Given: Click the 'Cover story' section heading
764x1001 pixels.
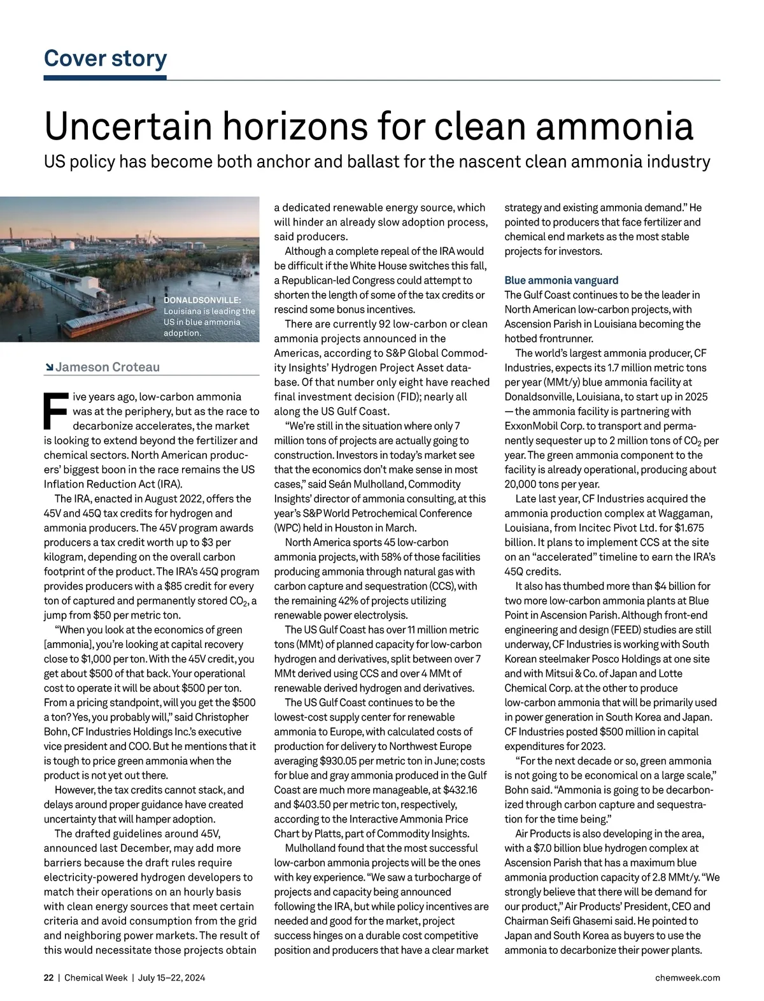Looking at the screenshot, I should pos(105,58).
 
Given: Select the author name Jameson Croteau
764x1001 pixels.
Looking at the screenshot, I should pos(108,367).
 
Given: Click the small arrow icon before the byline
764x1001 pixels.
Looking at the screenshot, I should pos(49,367).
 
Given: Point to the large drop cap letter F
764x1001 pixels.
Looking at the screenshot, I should pos(56,410).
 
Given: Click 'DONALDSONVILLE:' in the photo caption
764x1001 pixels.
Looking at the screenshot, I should pos(202,300).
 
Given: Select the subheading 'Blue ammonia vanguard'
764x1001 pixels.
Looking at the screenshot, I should pos(561,280).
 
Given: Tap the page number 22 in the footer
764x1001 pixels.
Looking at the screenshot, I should pos(48,977).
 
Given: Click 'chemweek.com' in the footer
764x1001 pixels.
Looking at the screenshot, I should pos(688,977).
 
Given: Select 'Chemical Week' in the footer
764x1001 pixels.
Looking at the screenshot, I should pos(95,977).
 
